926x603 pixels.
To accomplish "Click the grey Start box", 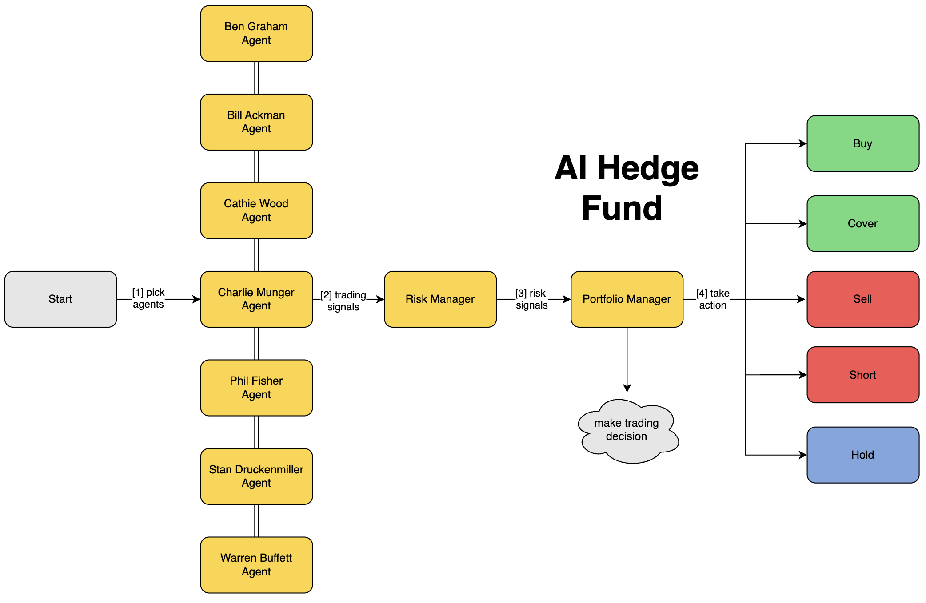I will coord(60,299).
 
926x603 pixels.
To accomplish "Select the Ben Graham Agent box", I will coord(256,33).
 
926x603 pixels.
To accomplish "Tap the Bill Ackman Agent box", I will coord(256,122).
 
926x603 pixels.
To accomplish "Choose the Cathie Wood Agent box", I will coord(256,210).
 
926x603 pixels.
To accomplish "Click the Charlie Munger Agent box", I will coord(256,299).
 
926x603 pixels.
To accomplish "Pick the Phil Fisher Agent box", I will coord(256,388).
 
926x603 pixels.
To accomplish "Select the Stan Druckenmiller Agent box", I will coord(256,476).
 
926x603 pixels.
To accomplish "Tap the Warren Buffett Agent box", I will coord(256,565).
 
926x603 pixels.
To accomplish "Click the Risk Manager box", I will coord(440,299).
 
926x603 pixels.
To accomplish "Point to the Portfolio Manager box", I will coord(627,299).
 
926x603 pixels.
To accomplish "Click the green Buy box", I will coord(862,143).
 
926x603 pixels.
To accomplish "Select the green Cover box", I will coord(862,224).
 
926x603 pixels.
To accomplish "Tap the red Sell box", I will coord(862,299).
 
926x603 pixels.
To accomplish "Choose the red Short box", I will coord(862,375).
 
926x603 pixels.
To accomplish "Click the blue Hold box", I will coord(862,455).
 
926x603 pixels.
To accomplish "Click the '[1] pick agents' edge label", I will coord(148,298).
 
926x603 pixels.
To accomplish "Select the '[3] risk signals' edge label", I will coord(531,299).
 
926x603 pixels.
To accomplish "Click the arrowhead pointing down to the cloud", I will coord(627,389).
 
